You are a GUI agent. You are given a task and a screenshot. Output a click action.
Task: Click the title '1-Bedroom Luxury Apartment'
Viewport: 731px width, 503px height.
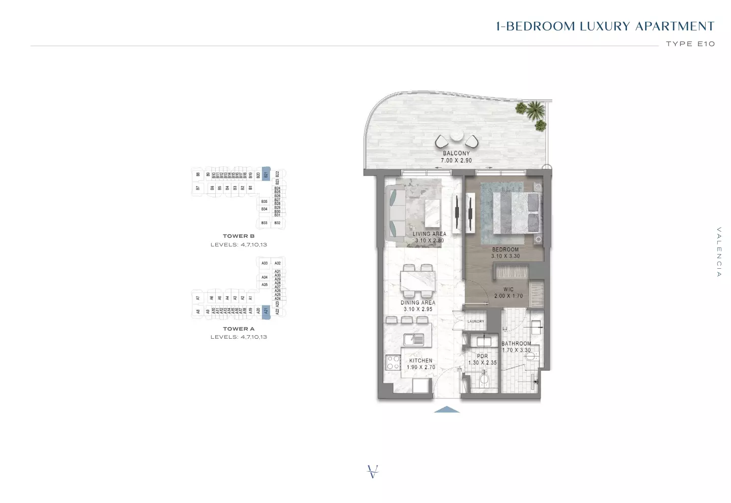click(605, 26)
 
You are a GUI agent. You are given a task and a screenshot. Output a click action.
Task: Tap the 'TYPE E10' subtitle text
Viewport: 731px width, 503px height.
click(690, 44)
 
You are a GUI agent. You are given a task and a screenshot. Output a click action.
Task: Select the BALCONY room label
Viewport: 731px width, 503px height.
click(456, 153)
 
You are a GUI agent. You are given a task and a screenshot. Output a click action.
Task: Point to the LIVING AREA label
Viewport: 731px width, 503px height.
click(429, 234)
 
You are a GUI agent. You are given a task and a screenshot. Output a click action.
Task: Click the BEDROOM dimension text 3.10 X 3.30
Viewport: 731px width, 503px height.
click(506, 257)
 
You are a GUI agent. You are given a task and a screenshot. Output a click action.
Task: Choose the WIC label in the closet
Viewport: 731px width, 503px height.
click(509, 290)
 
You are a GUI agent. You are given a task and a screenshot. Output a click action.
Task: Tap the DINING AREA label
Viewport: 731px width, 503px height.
click(418, 303)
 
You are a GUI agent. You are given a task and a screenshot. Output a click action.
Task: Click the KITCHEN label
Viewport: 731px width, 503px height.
click(421, 361)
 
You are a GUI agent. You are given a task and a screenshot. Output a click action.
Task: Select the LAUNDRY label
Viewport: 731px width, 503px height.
click(476, 321)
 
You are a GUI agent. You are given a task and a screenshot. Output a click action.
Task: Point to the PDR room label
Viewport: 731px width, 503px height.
click(482, 356)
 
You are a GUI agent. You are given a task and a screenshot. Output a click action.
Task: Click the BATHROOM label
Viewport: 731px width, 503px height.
click(516, 344)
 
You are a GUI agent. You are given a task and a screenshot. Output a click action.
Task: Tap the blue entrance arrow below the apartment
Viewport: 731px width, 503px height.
click(447, 409)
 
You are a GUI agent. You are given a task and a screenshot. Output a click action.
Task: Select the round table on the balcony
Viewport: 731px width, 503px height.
click(456, 136)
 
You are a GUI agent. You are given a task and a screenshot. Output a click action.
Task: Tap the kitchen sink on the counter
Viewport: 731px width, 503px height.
click(414, 339)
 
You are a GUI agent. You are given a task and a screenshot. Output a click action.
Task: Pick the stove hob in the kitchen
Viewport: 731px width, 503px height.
click(393, 362)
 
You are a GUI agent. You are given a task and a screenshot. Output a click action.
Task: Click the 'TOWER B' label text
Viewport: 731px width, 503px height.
click(239, 236)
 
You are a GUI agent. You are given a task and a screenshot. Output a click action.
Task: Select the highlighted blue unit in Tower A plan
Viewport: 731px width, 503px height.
click(265, 311)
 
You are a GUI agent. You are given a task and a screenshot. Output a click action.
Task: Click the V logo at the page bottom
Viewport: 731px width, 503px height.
click(373, 472)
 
